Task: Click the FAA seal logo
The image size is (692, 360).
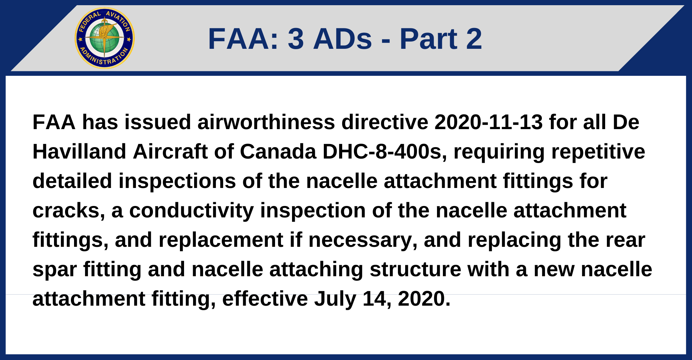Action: tap(104, 38)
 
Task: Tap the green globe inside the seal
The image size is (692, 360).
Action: tap(104, 38)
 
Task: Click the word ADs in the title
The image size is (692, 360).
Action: tap(343, 39)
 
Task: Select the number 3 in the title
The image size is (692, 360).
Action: tap(296, 39)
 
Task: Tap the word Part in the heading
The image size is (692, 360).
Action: tap(428, 39)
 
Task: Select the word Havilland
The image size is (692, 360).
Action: tap(79, 152)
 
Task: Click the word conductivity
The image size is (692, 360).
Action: tap(191, 210)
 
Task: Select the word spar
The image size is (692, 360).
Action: tap(55, 269)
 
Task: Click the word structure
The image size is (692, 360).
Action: tap(415, 269)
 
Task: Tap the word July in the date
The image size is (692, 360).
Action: tap(335, 299)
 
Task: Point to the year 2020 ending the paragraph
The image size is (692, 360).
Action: tap(424, 299)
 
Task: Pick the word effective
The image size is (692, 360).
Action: tap(265, 299)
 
